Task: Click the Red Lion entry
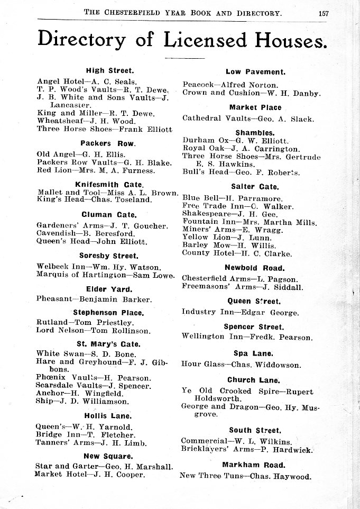click(x=89, y=170)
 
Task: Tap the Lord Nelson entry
click(x=93, y=331)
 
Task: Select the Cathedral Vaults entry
click(x=248, y=118)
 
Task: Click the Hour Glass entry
click(x=241, y=365)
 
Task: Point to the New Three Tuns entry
click(x=245, y=476)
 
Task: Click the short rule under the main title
click(x=184, y=57)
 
